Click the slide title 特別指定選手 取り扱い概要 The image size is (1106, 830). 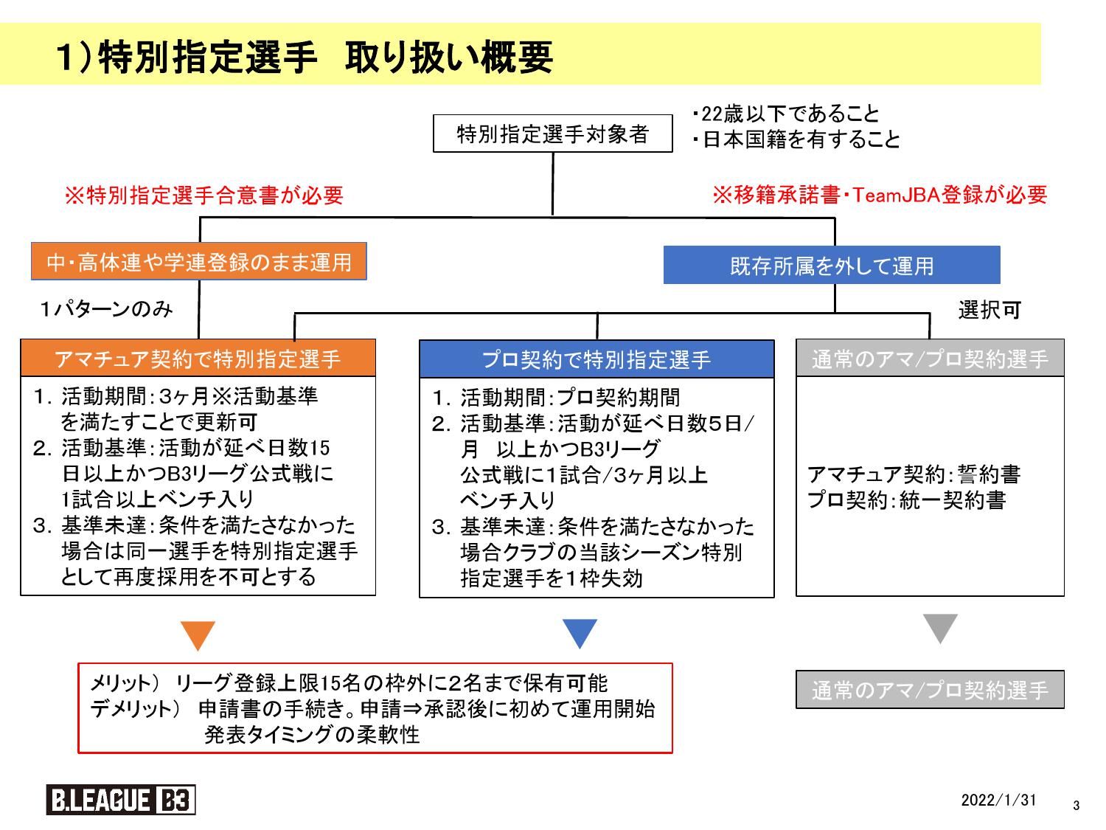(305, 57)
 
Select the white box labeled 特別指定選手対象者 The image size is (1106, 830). (552, 134)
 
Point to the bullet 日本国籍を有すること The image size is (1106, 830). (796, 139)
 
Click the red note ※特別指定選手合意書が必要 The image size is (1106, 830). (204, 195)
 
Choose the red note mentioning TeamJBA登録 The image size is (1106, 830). (880, 195)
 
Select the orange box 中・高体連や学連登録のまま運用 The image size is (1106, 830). (199, 262)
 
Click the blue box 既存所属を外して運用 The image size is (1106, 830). (832, 265)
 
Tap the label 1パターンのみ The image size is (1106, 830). (106, 309)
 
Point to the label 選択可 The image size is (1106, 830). (990, 310)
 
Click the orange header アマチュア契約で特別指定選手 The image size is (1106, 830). (198, 359)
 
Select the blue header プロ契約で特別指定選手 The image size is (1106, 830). (597, 359)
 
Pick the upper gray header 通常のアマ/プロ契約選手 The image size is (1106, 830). (931, 359)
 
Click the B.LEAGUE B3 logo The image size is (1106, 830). (121, 800)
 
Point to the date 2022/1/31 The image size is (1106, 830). (998, 800)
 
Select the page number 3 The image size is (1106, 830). (1076, 806)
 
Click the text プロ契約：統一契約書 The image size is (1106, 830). (907, 500)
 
